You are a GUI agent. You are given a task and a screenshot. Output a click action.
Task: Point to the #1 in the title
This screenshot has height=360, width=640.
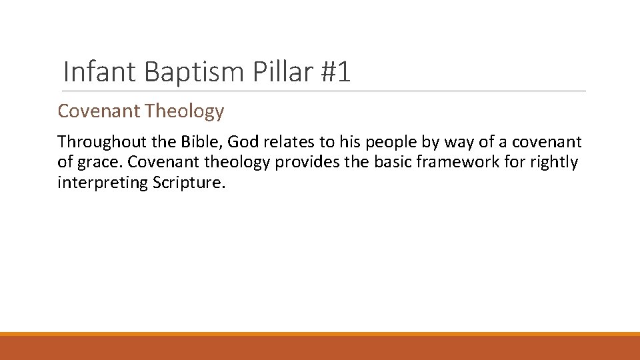[334, 72]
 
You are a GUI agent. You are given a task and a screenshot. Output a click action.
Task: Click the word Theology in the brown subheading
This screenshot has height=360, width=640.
[185, 111]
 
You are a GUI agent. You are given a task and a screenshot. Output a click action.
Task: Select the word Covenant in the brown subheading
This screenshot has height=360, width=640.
[99, 111]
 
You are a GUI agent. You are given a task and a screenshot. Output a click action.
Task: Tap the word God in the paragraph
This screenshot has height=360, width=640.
[243, 142]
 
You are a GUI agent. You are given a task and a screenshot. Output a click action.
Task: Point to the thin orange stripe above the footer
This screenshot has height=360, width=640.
[320, 334]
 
